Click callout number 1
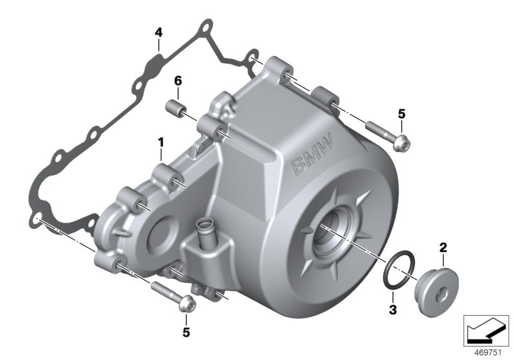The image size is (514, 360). click(161, 140)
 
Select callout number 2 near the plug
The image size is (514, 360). click(442, 246)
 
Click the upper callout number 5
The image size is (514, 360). click(402, 114)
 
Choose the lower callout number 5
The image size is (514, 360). click(186, 332)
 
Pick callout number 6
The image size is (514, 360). click(178, 82)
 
